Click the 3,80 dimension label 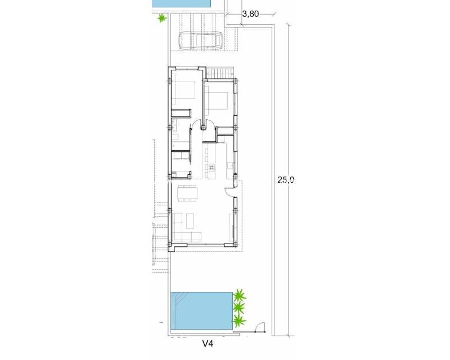[250, 15]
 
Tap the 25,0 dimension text [286, 180]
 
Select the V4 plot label [210, 342]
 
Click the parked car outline [201, 40]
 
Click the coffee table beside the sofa [189, 218]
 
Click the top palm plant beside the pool [240, 295]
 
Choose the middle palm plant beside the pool [238, 308]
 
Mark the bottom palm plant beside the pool [240, 321]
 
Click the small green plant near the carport [162, 19]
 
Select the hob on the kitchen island [211, 167]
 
